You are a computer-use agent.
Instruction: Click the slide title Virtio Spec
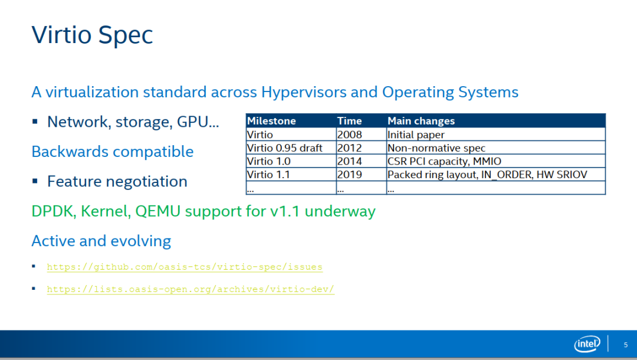tap(92, 35)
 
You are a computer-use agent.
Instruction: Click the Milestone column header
tap(271, 121)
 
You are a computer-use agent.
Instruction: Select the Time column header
tap(349, 121)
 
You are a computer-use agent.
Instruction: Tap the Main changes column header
tap(421, 121)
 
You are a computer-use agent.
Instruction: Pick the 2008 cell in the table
tap(349, 135)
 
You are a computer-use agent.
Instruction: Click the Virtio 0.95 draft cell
tap(284, 148)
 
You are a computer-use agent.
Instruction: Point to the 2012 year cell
tap(349, 148)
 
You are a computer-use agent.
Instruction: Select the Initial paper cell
tap(416, 135)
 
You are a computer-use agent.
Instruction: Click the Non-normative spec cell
tap(436, 148)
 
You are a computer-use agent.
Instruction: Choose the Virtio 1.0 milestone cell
tap(268, 161)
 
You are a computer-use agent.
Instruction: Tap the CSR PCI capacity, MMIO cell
tap(444, 161)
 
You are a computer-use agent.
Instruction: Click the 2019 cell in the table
tap(349, 175)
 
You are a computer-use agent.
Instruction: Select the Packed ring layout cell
tap(487, 175)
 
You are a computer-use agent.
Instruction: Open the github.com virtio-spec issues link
tap(185, 267)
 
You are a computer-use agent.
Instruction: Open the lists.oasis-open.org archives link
tap(191, 289)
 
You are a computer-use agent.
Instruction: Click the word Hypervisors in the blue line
tap(303, 93)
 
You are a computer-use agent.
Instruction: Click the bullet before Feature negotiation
tap(35, 181)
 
